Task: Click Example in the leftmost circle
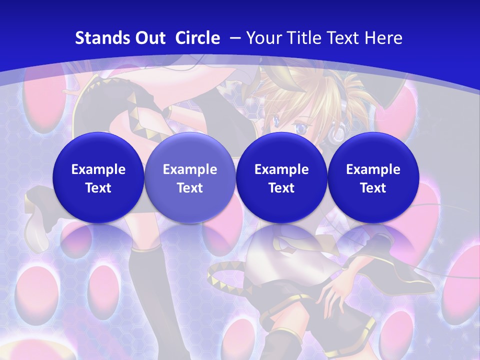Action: pos(98,169)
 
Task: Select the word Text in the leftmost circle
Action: pos(98,188)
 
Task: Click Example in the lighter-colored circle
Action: pos(190,169)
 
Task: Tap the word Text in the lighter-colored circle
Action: pos(190,188)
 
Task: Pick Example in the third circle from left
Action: pos(281,169)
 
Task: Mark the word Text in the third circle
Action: pos(281,188)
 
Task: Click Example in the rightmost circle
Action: pos(373,169)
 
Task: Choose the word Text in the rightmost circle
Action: pos(373,188)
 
